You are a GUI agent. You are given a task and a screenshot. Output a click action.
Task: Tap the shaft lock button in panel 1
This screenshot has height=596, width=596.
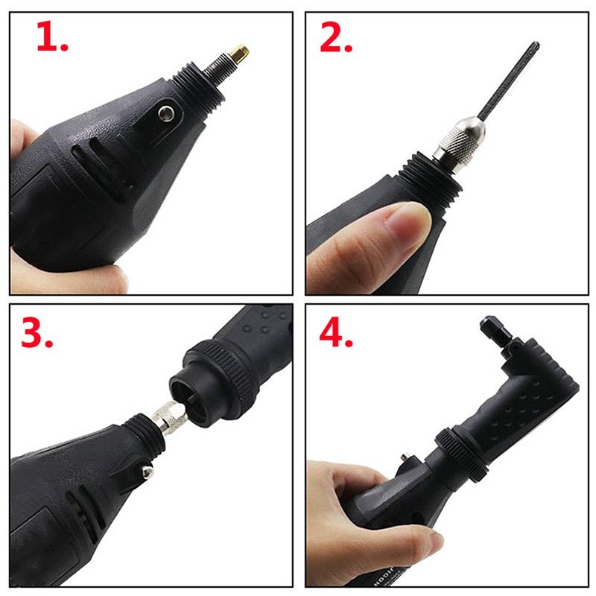coord(166,112)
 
